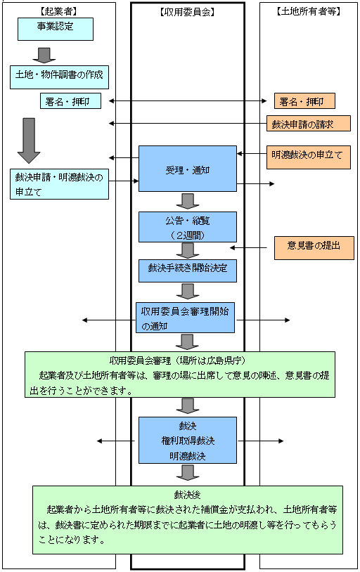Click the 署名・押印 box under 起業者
[70, 102]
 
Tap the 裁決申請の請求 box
[308, 124]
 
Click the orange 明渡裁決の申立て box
[308, 157]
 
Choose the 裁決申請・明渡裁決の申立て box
[60, 184]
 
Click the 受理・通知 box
[186, 169]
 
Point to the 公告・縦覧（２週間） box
[186, 226]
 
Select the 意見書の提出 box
[314, 247]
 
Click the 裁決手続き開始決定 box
[186, 268]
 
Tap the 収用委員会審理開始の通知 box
[186, 318]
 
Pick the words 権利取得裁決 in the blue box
[186, 441]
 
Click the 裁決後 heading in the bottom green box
[187, 494]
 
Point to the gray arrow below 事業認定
[44, 55]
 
